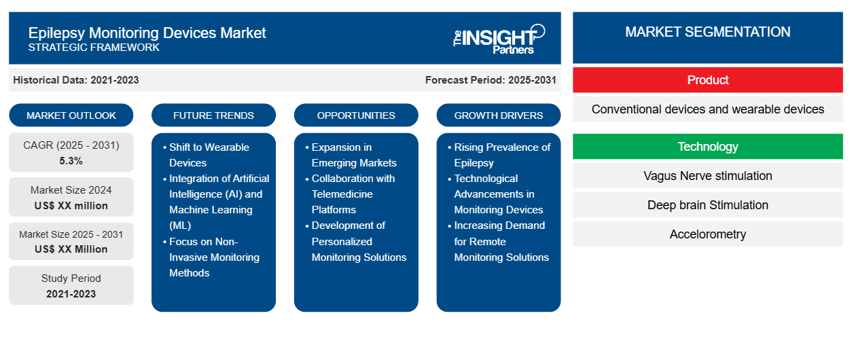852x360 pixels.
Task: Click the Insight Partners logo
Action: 499,38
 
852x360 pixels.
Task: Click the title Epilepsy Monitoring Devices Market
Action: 147,32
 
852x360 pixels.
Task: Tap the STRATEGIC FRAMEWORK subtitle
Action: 94,48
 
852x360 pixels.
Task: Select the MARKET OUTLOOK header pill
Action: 71,115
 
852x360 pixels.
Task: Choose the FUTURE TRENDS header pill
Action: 213,115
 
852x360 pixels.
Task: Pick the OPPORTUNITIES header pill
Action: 356,115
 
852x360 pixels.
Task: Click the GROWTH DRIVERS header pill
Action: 499,115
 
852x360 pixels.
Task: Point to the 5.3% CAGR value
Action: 71,161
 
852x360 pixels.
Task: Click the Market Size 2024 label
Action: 71,190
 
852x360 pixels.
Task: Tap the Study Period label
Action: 71,278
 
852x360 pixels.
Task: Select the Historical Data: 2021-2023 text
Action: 76,80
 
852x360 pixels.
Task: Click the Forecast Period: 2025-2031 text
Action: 491,80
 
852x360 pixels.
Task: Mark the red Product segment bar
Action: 707,80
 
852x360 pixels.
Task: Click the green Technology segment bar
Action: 707,147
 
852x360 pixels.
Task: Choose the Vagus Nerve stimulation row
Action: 707,176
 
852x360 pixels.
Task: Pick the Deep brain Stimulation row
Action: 707,205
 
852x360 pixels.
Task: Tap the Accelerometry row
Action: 707,234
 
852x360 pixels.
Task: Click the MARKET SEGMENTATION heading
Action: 707,32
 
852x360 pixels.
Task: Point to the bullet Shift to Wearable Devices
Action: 209,155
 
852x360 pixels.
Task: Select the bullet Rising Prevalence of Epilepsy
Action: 501,155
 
